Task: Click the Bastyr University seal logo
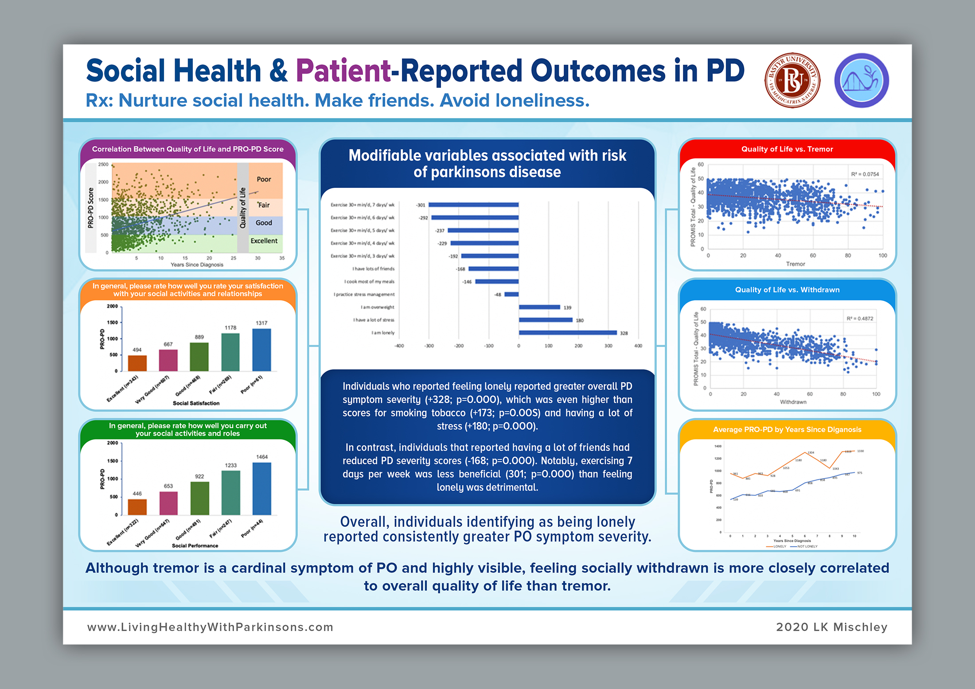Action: tap(792, 81)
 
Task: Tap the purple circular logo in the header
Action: tap(862, 81)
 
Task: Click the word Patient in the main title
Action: tap(343, 71)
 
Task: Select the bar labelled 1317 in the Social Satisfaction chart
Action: tap(261, 350)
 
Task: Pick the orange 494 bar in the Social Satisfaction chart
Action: tap(137, 363)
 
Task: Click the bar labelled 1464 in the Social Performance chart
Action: tap(262, 489)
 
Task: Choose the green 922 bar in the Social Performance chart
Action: tap(199, 498)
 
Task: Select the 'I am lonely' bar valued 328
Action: tap(568, 333)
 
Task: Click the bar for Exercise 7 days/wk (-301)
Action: tap(473, 205)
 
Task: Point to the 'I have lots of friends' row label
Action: tap(373, 269)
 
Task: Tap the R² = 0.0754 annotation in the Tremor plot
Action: tap(865, 174)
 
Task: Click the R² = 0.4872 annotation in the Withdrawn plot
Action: tap(860, 319)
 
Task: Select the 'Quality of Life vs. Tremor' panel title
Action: tap(787, 149)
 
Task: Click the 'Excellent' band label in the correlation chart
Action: tap(264, 241)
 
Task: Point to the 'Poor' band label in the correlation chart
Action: tap(264, 179)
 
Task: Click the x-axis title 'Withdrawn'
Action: tap(793, 402)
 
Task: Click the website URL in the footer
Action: tap(210, 627)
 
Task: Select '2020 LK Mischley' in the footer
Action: tap(831, 627)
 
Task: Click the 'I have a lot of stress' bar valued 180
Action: tap(546, 320)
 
